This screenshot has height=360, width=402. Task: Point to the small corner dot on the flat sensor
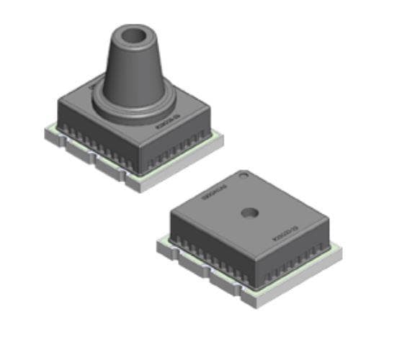245,173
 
